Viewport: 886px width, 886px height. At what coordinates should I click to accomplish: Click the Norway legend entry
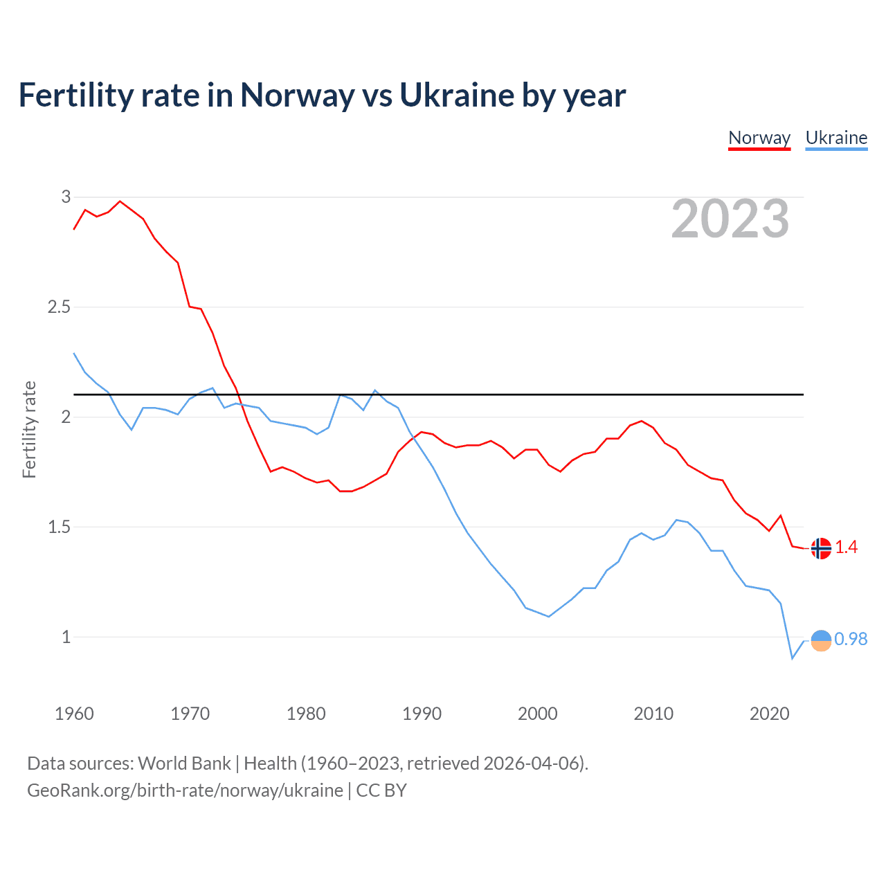[759, 138]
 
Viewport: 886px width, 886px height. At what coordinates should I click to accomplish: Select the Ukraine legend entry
[836, 138]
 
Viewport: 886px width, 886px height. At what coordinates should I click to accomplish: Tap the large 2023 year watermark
[730, 219]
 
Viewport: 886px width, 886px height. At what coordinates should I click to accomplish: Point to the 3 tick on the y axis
[66, 197]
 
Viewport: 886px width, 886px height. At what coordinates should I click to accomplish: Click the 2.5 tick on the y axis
[59, 307]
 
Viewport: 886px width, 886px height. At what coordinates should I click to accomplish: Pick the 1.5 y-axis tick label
[59, 527]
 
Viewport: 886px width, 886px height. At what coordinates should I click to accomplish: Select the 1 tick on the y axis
[66, 637]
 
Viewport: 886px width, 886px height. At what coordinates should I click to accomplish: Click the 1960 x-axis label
[74, 714]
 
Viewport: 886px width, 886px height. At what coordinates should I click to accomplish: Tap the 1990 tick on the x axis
[422, 714]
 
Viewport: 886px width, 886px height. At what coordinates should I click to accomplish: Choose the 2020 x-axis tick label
[769, 714]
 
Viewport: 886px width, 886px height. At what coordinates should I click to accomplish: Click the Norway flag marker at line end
[821, 548]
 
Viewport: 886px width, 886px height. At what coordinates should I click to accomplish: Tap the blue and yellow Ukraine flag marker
[821, 641]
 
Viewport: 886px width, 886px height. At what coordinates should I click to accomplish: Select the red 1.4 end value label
[846, 548]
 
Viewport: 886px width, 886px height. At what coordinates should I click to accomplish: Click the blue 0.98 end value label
[851, 640]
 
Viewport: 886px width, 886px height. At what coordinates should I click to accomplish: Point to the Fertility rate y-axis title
[29, 429]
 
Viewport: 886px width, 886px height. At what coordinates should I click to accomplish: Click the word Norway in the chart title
[297, 95]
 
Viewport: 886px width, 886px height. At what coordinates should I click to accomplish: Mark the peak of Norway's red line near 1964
[120, 201]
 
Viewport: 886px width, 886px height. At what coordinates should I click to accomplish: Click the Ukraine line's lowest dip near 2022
[793, 658]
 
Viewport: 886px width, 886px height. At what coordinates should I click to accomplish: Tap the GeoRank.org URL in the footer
[185, 790]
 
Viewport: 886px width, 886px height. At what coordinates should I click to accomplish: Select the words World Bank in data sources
[184, 763]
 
